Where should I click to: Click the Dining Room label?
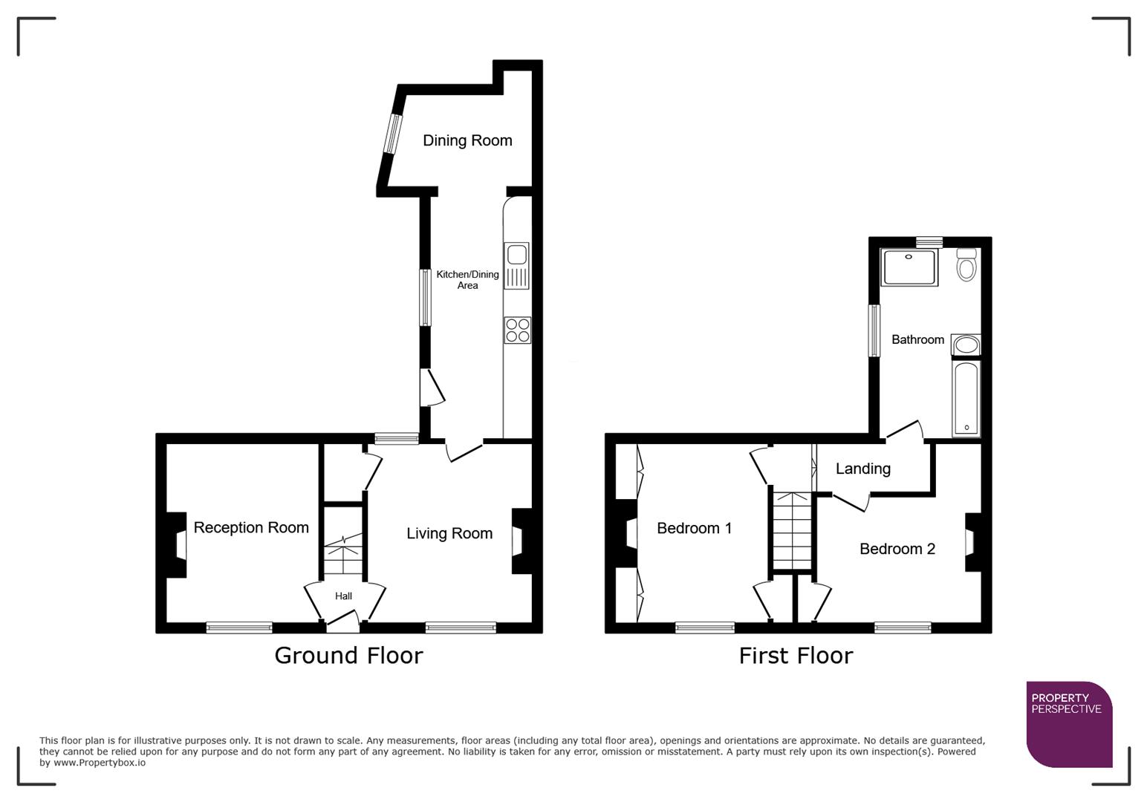pyautogui.click(x=467, y=140)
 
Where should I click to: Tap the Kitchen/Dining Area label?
pyautogui.click(x=467, y=280)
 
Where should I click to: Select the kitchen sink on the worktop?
pyautogui.click(x=516, y=265)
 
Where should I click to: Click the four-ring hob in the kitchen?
pyautogui.click(x=517, y=330)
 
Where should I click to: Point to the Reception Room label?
pyautogui.click(x=251, y=527)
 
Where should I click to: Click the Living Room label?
pyautogui.click(x=449, y=533)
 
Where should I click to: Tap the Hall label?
pyautogui.click(x=343, y=596)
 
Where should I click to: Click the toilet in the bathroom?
pyautogui.click(x=966, y=264)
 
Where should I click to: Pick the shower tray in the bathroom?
pyautogui.click(x=909, y=267)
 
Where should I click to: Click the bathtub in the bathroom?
pyautogui.click(x=966, y=398)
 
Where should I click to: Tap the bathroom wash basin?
pyautogui.click(x=966, y=345)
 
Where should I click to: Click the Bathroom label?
pyautogui.click(x=917, y=339)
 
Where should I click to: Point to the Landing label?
pyautogui.click(x=862, y=469)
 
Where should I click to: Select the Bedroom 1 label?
pyautogui.click(x=694, y=528)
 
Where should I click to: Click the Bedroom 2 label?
pyautogui.click(x=897, y=549)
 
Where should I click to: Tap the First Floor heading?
pyautogui.click(x=796, y=656)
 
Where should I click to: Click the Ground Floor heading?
pyautogui.click(x=348, y=655)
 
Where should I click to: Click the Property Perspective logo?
pyautogui.click(x=1068, y=724)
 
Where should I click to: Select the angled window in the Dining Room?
pyautogui.click(x=391, y=134)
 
